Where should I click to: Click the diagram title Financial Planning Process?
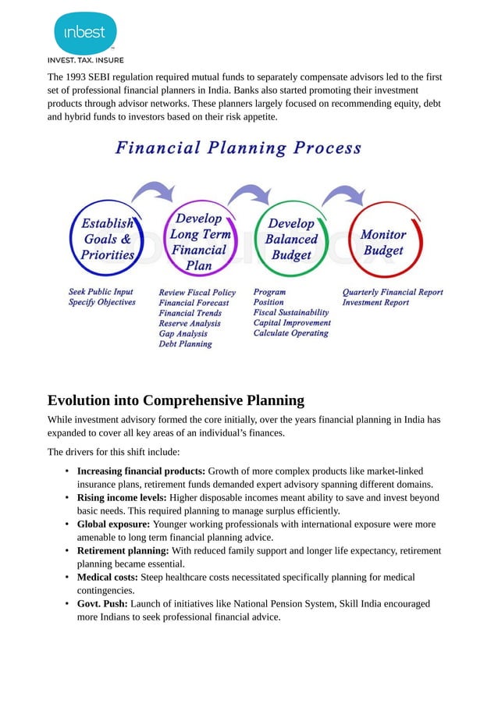(x=238, y=148)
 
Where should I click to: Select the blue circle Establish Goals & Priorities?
(x=107, y=238)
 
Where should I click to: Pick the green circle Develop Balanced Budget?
(x=291, y=238)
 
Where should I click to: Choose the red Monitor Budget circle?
(x=383, y=241)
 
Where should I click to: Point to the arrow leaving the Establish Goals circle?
(x=155, y=193)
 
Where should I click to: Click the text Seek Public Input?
(x=100, y=292)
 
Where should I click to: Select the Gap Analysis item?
(x=183, y=333)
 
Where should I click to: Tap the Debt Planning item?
(x=185, y=343)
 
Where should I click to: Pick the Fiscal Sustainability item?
(x=290, y=312)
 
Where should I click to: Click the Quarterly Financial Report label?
(x=392, y=292)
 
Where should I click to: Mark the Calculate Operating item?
(x=290, y=333)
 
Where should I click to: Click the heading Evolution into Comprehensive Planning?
(x=176, y=400)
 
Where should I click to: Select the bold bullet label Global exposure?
(x=113, y=524)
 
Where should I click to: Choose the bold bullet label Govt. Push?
(x=102, y=603)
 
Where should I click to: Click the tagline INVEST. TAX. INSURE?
(x=85, y=60)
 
